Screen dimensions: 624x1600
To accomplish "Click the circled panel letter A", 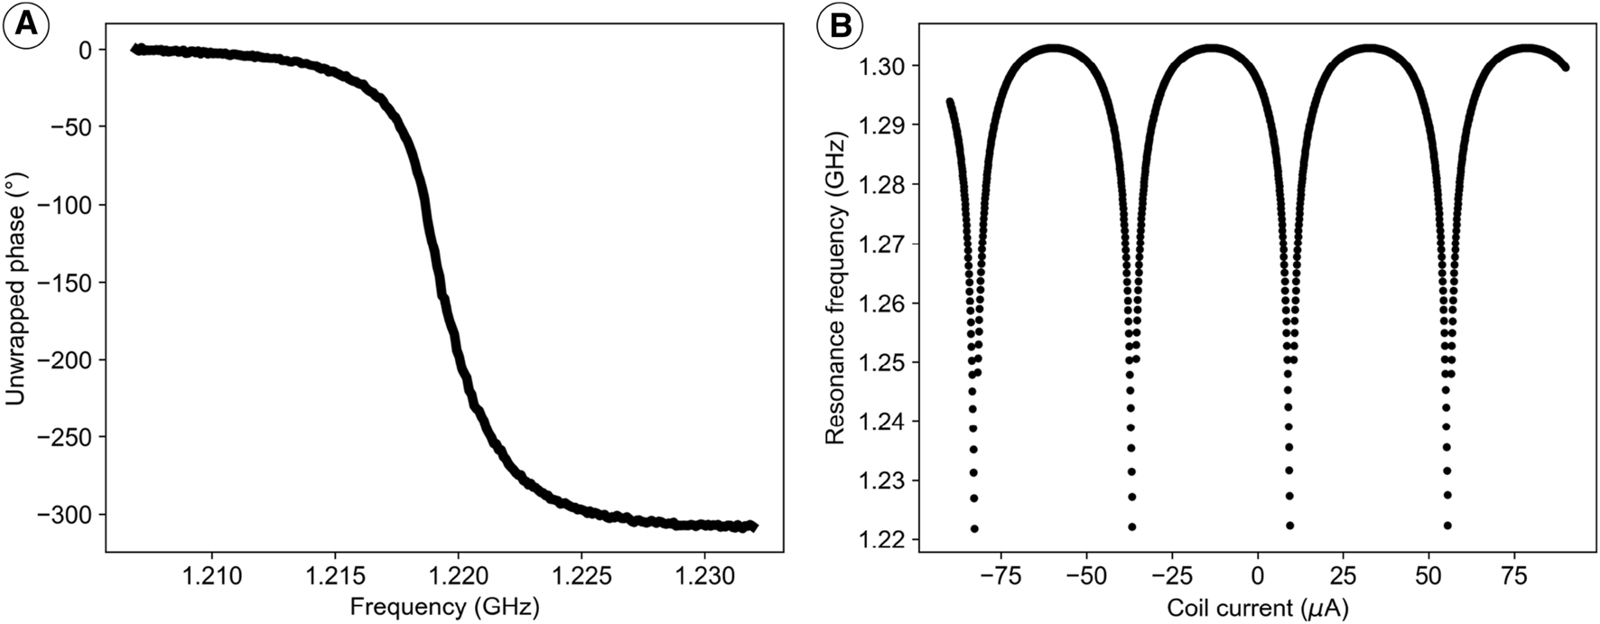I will coord(25,26).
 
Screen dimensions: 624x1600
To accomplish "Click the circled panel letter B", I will coord(838,26).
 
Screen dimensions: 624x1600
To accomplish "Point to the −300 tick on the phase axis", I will coord(65,515).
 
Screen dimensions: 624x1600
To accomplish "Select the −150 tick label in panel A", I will coord(65,283).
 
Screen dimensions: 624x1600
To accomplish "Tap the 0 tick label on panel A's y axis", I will coord(85,51).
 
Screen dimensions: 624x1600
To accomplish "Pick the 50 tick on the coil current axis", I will coord(1428,575).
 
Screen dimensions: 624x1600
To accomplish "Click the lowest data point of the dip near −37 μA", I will coord(1132,526).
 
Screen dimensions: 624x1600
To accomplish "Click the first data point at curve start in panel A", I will coord(136,49).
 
